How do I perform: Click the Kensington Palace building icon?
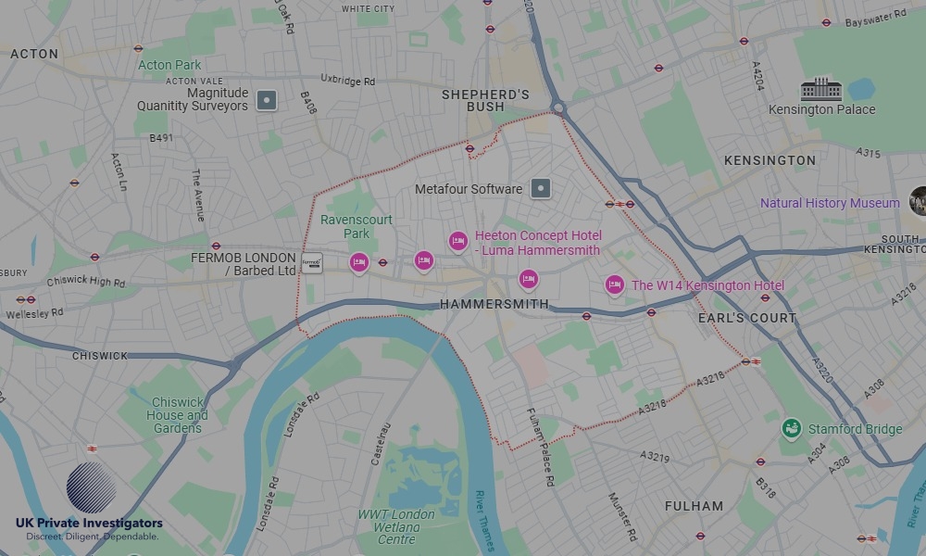(821, 89)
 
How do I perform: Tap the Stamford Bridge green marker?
(791, 429)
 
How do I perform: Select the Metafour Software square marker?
(542, 189)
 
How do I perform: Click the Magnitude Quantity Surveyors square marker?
(267, 99)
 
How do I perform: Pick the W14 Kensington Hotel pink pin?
(614, 285)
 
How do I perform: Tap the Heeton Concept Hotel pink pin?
(457, 242)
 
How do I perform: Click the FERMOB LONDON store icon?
(312, 263)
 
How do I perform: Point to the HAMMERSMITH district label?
(494, 304)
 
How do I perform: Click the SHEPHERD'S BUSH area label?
(485, 100)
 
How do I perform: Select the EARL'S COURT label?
(747, 318)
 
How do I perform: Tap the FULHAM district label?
(694, 506)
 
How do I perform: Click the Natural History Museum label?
(830, 203)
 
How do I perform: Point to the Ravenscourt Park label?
(357, 227)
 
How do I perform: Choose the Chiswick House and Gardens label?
(178, 415)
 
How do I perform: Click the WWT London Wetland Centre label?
(396, 526)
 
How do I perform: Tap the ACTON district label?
(34, 55)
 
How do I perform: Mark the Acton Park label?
(169, 65)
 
